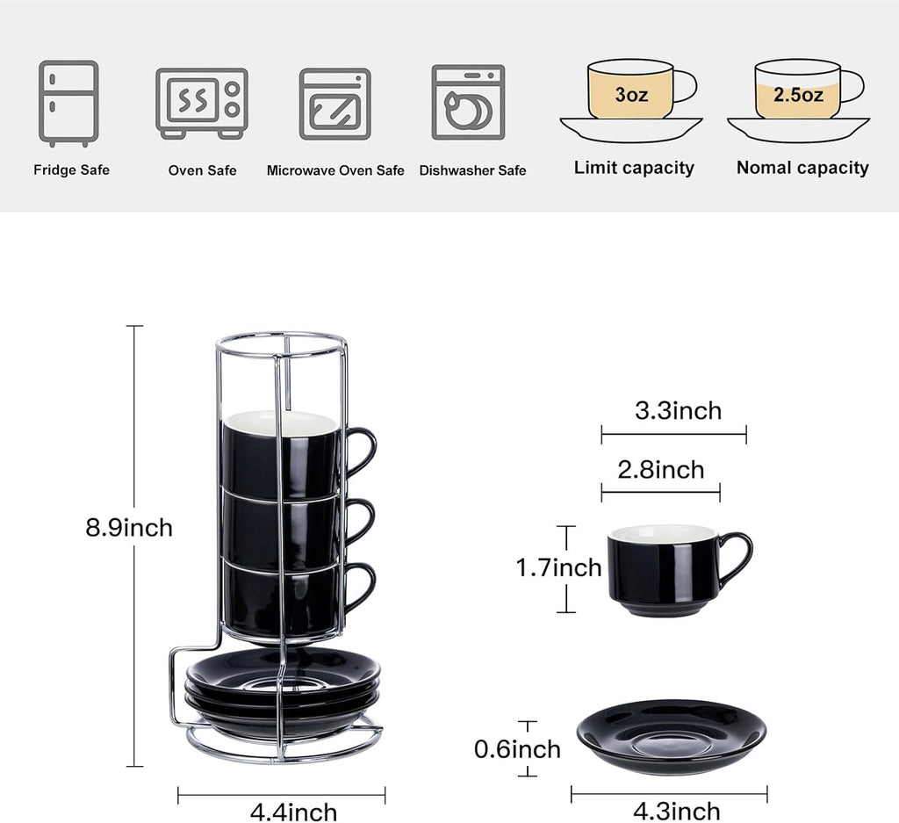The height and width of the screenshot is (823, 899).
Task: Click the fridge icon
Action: click(68, 103)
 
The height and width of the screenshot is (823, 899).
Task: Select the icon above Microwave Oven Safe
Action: click(334, 104)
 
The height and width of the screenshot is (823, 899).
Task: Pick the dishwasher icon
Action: click(468, 102)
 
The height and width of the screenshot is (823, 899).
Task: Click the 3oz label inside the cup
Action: click(631, 95)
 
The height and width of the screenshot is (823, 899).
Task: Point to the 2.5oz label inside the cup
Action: click(798, 95)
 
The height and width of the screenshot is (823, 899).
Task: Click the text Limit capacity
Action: click(634, 168)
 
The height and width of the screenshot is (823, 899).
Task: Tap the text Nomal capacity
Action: click(802, 168)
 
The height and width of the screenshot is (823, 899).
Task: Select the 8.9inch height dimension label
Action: click(129, 528)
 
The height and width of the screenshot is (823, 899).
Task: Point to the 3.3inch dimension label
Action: click(678, 410)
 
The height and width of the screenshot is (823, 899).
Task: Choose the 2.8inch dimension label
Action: click(661, 470)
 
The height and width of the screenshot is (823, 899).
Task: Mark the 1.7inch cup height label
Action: click(558, 568)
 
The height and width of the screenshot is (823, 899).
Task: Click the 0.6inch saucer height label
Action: click(517, 749)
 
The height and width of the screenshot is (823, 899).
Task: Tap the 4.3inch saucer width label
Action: click(677, 810)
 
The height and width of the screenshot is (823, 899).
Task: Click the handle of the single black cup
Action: click(738, 560)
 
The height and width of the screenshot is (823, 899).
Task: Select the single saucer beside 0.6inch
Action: click(671, 736)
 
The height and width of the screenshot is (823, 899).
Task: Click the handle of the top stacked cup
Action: click(362, 451)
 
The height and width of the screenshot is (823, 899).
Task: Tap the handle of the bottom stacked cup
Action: click(361, 586)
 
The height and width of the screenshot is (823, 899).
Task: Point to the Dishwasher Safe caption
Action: click(472, 170)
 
